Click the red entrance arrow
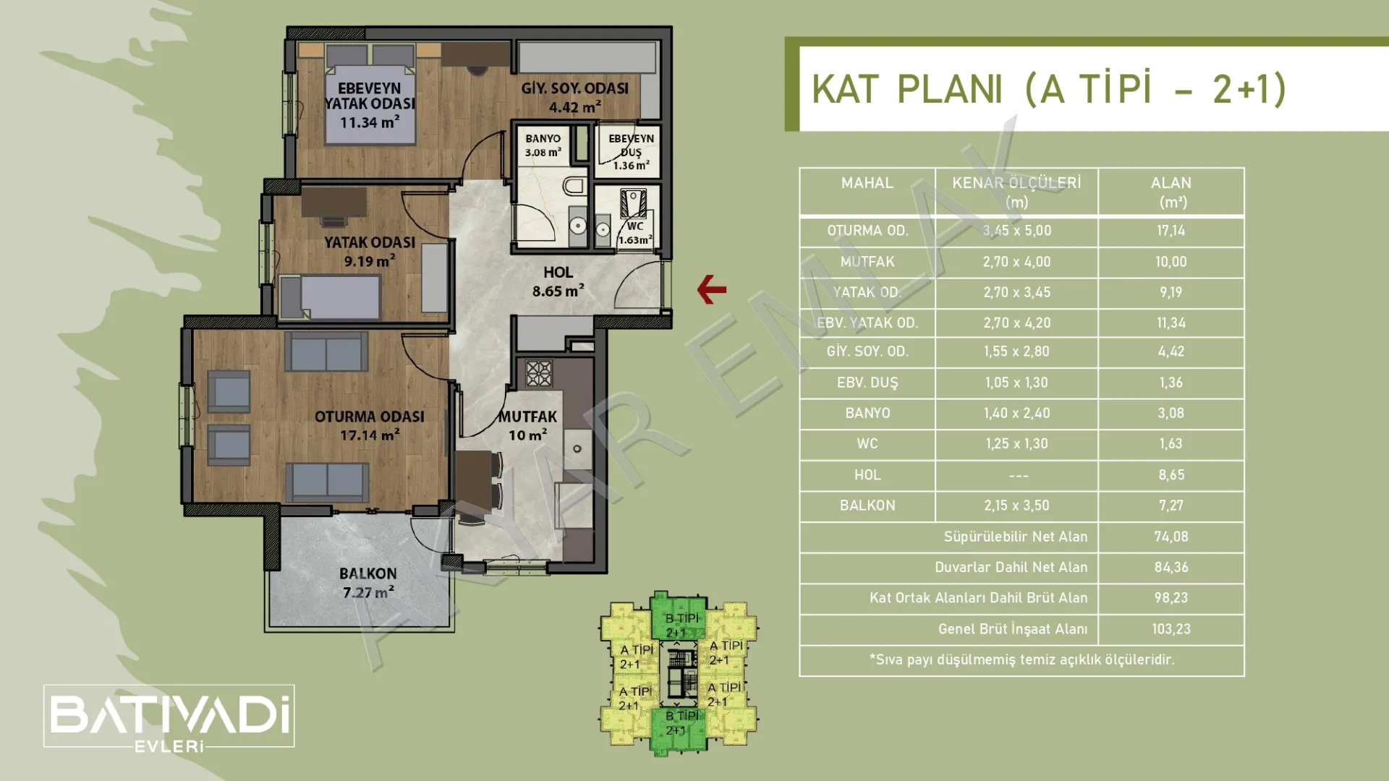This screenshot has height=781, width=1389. point(711,289)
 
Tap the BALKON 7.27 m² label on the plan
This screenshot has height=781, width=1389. point(368,583)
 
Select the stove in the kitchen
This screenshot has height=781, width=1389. point(538,373)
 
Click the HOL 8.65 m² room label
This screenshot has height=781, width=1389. point(558,281)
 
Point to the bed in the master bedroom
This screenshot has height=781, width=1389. point(370,94)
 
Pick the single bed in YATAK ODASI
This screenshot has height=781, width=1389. point(330,296)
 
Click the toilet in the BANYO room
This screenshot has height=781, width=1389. point(574,186)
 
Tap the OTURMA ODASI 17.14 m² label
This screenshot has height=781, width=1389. point(369,425)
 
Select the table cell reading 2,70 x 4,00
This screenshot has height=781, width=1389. point(1016,262)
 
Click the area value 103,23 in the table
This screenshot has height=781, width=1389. point(1171,629)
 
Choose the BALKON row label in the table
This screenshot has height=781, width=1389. point(867,505)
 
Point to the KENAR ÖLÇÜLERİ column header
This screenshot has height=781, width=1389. point(1016,192)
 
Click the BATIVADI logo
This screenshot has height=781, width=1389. point(169,716)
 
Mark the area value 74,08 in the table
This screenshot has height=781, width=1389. point(1171,537)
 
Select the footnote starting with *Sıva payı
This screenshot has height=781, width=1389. point(1021,660)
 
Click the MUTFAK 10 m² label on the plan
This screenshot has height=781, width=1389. point(527,425)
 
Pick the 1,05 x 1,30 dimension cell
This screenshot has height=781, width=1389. point(1016,383)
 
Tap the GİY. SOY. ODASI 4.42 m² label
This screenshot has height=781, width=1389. point(575,98)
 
